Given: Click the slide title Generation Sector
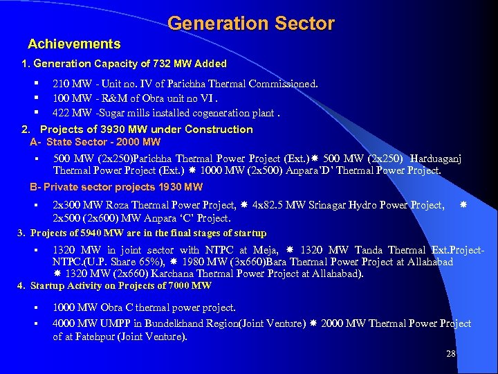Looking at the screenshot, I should pos(250,24).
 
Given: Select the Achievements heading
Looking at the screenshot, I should pos(74,44).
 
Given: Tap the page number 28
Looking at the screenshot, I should pos(451,354).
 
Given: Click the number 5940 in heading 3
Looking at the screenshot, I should pos(95,233).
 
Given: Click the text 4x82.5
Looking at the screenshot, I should pos(268,205).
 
